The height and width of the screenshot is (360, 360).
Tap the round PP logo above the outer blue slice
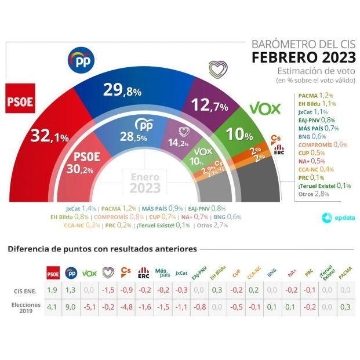point(81,59)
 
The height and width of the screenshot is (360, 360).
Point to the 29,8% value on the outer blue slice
point(122,90)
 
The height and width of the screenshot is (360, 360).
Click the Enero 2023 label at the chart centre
point(145,183)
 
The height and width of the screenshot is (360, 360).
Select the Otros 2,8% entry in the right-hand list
point(313,194)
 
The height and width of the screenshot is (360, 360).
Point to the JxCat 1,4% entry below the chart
point(80,208)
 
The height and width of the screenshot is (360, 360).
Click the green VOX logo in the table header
point(90,273)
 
